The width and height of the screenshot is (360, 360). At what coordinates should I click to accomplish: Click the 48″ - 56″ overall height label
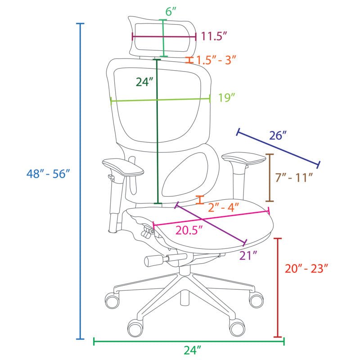click(x=48, y=173)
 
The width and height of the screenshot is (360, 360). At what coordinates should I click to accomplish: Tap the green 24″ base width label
click(x=192, y=350)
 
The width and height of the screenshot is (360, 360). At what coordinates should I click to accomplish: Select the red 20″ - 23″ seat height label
click(x=306, y=268)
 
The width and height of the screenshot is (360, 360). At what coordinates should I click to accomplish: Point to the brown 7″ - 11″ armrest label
click(x=294, y=177)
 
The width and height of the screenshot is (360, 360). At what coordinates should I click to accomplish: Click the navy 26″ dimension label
click(x=278, y=135)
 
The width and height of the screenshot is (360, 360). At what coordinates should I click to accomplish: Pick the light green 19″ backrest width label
click(x=227, y=97)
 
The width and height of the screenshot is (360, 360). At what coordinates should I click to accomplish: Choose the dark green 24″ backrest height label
click(x=144, y=82)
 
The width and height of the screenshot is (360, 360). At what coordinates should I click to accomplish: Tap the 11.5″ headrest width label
click(x=214, y=36)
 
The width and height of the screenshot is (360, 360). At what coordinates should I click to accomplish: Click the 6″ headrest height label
click(x=171, y=12)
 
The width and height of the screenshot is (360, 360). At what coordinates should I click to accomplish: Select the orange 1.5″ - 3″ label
click(x=216, y=60)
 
